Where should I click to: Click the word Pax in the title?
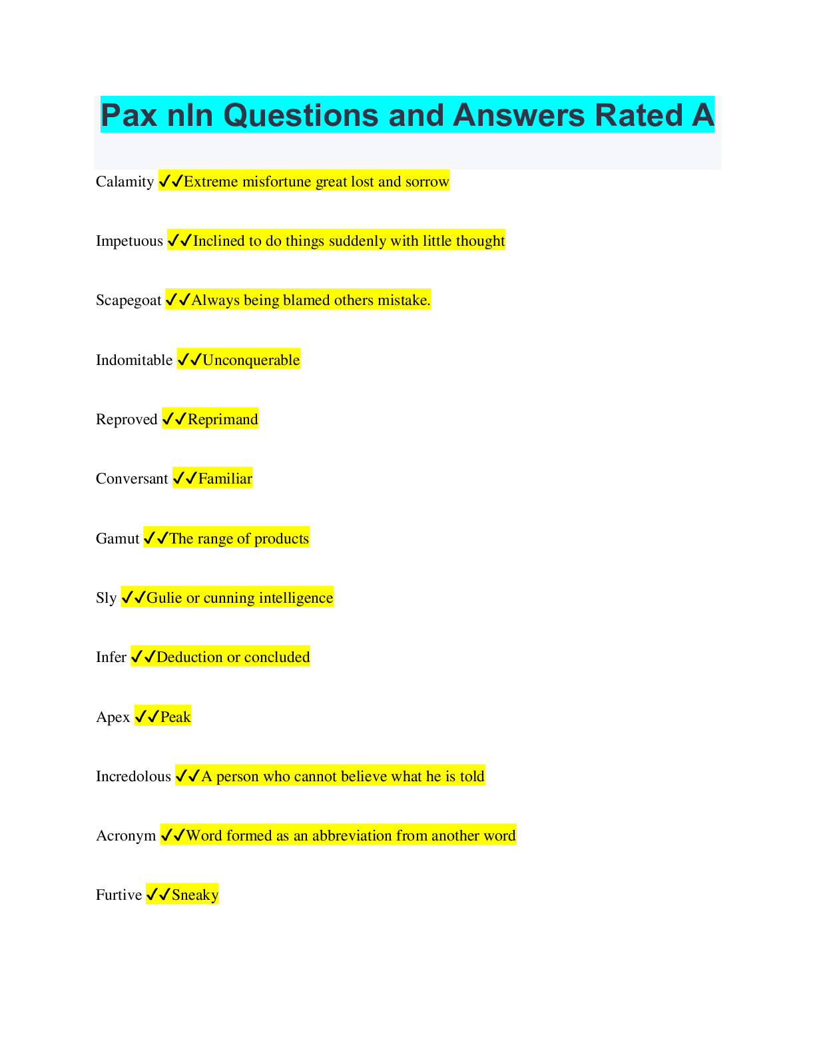click(129, 115)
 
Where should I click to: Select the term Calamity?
click(125, 182)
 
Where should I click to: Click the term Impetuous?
click(129, 241)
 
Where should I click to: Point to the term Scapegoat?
click(129, 300)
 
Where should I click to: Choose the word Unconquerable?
click(251, 360)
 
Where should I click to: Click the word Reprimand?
click(222, 420)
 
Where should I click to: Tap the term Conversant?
click(132, 479)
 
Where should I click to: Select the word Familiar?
click(225, 479)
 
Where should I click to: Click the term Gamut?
click(118, 539)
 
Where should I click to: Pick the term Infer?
click(111, 657)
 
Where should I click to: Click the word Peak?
click(176, 717)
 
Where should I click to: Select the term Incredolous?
click(133, 777)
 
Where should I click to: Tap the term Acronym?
click(126, 836)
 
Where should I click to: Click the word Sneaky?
click(195, 895)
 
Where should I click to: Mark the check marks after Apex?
click(147, 717)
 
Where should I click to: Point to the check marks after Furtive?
click(158, 894)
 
